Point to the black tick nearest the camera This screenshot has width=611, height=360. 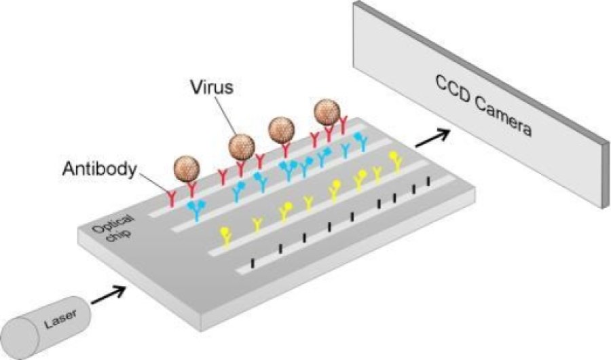point(428,181)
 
